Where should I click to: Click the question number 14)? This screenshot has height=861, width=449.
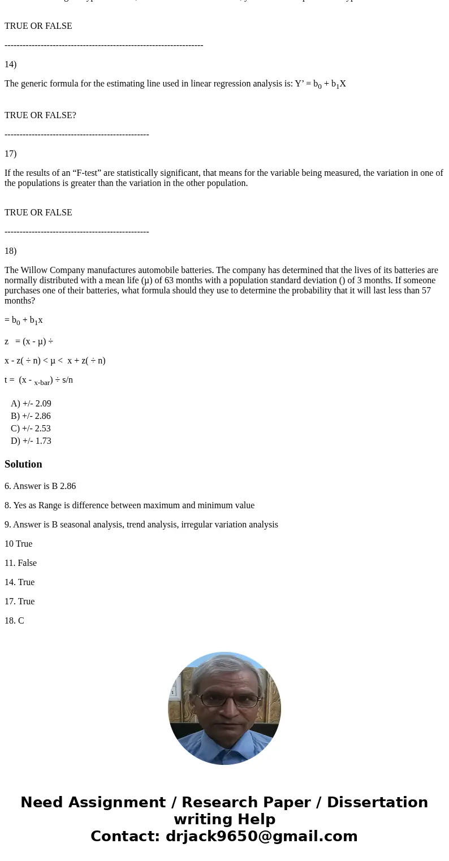pos(10,64)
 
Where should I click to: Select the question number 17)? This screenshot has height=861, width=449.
pos(10,154)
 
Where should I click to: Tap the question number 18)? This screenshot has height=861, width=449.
pos(10,251)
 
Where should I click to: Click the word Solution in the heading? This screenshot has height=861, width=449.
pos(23,464)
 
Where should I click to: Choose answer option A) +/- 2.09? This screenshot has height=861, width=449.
pos(31,404)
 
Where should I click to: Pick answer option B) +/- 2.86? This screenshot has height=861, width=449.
pos(31,416)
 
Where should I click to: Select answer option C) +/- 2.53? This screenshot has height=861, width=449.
pos(31,429)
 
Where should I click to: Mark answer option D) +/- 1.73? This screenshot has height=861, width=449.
pos(31,441)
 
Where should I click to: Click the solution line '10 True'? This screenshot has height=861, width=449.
pos(18,544)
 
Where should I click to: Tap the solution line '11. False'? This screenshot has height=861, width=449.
pos(20,563)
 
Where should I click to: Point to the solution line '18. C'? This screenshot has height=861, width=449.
pos(14,621)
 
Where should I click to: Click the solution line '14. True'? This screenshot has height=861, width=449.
pos(19,582)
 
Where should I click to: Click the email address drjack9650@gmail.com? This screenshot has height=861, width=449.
pos(261,837)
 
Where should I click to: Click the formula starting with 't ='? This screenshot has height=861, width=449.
pos(38,380)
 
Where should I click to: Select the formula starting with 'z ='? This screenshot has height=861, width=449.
pos(29,341)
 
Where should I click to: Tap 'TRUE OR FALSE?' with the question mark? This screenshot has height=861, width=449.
pos(40,115)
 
